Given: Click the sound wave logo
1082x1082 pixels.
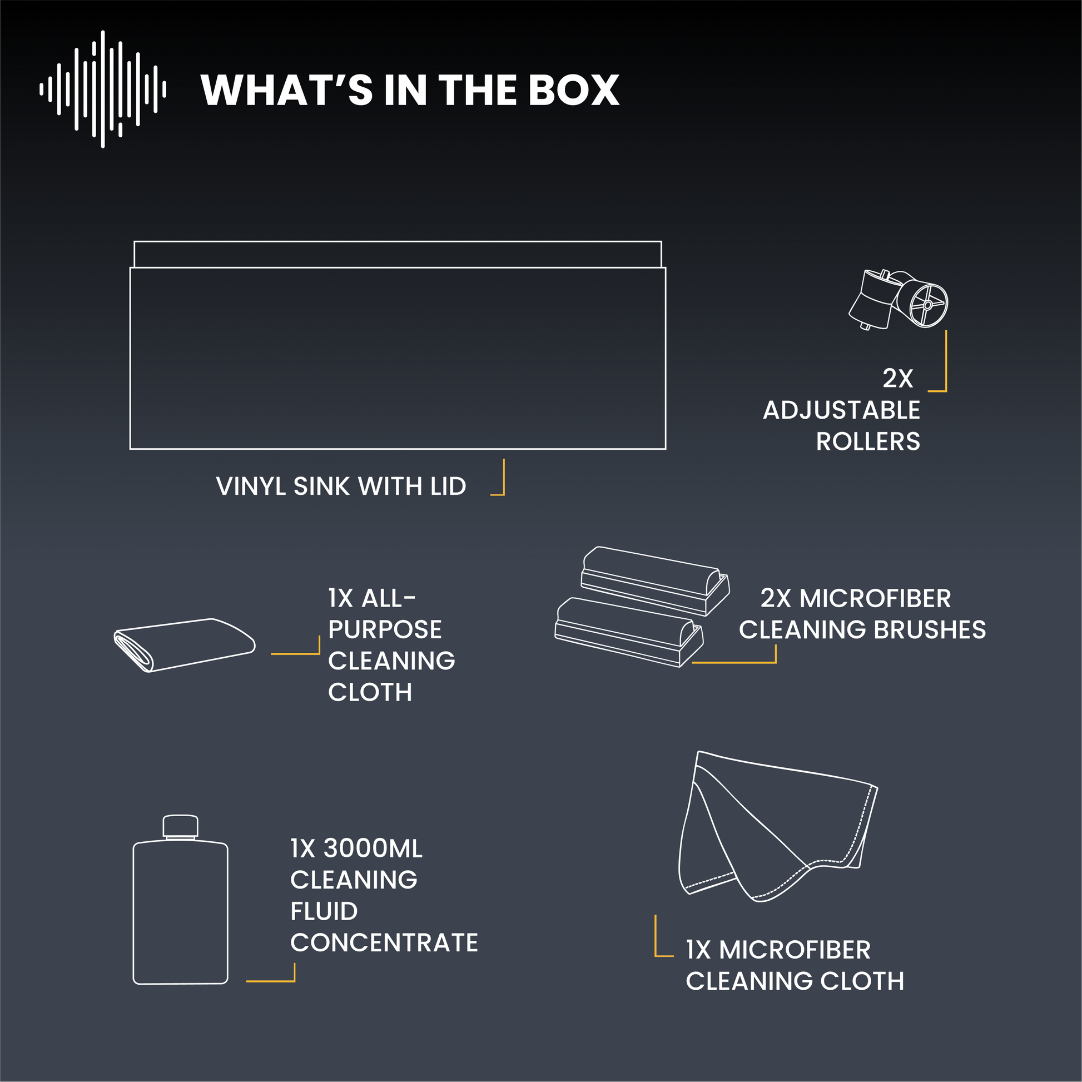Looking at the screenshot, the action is pos(103,89).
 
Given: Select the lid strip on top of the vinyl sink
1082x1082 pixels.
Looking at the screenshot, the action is pos(398,254).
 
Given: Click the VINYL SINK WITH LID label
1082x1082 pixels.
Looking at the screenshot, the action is pos(341,486).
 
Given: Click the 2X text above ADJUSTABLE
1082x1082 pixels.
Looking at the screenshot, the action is pos(898,379).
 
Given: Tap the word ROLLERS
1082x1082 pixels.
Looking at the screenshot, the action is pos(868,442).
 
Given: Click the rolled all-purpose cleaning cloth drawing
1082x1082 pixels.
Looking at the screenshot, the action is pos(185,645).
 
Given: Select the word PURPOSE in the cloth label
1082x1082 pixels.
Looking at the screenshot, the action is pos(385,629).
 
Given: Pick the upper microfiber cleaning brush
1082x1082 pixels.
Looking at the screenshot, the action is pos(655,581).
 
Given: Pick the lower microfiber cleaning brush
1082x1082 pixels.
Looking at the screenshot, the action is pos(629,632).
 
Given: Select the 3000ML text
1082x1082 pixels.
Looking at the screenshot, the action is pos(373,848).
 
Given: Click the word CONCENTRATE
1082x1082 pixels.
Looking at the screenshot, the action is pos(384,942).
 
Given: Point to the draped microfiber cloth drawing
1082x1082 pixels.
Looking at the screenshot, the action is pos(778,827).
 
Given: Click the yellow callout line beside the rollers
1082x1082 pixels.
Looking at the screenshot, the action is pos(945,361).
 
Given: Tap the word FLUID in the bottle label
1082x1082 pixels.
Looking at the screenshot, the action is pos(324,911).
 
